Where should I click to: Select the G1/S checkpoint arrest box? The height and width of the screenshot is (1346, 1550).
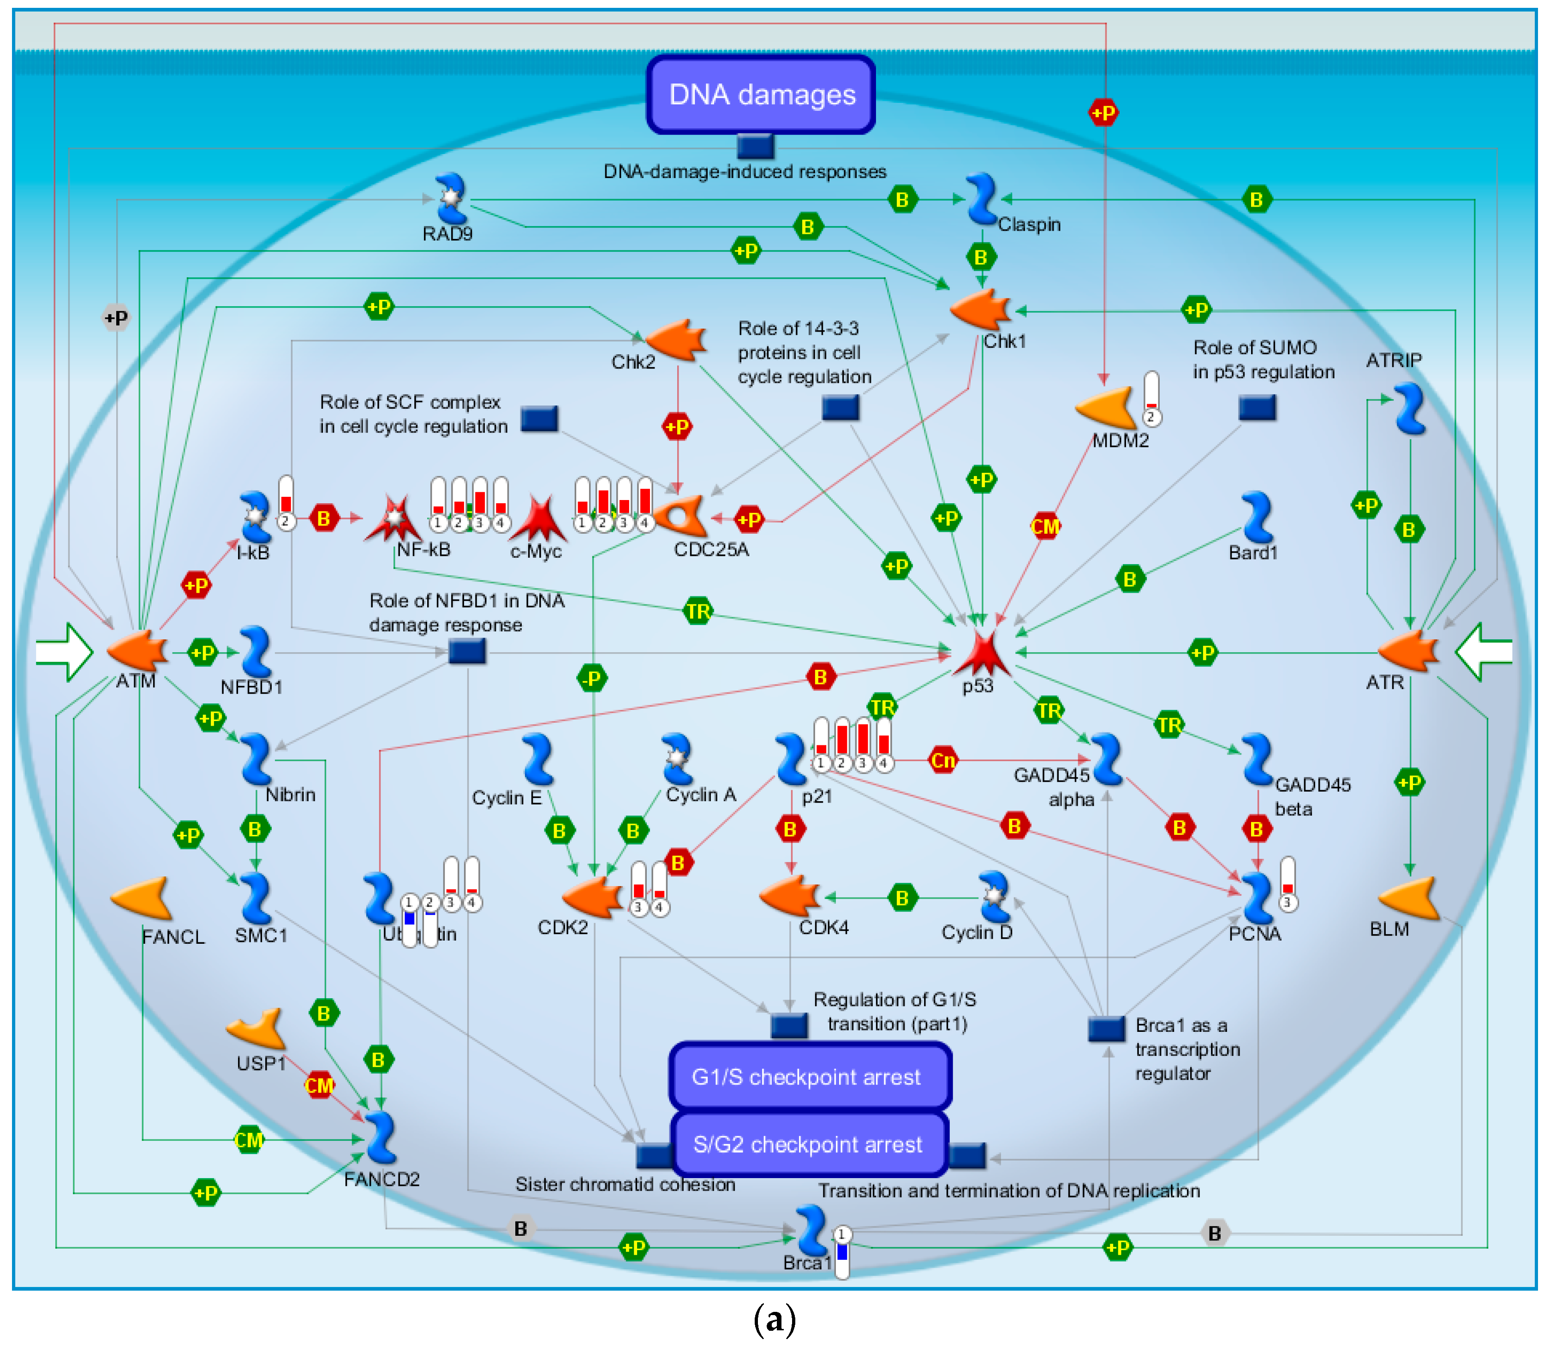(809, 1077)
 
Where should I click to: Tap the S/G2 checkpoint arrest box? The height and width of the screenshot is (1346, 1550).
(809, 1144)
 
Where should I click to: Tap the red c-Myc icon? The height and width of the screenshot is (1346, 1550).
(538, 518)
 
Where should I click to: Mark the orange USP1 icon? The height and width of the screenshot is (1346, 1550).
(257, 1029)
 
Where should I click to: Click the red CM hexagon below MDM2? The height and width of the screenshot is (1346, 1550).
(1044, 526)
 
